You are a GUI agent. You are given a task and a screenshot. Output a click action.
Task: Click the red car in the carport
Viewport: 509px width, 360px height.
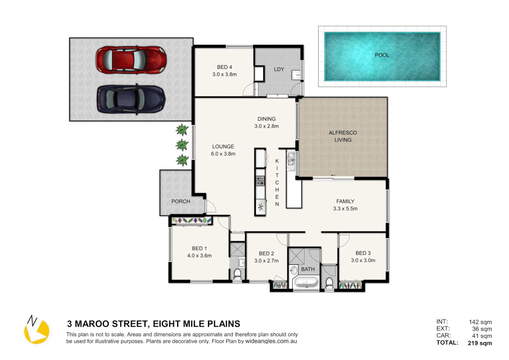131,60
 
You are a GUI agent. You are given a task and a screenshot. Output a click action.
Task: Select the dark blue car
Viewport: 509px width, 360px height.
131,99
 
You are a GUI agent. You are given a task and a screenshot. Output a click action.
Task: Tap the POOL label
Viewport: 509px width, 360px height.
382,55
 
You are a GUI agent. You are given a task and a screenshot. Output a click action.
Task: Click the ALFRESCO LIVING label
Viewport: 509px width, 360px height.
343,136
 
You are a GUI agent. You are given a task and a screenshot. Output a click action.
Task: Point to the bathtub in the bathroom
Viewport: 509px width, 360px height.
306,283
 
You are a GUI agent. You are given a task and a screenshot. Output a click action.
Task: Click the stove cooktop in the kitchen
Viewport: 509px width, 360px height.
260,181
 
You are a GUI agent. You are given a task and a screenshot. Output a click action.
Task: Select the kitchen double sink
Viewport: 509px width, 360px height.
291,159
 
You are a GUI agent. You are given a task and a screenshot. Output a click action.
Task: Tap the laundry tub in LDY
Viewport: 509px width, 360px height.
296,75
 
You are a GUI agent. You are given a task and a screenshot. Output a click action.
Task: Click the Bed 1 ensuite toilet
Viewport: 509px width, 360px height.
238,274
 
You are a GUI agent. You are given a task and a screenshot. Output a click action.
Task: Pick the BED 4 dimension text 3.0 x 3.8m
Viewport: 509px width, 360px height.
225,74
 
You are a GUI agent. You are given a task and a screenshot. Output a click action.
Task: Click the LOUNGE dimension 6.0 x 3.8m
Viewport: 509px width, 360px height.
223,154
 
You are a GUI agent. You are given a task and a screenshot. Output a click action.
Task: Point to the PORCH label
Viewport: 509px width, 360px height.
181,201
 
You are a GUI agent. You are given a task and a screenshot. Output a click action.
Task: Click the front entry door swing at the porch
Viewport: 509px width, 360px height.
210,207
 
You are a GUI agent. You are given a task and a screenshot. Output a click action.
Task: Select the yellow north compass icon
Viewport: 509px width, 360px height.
37,330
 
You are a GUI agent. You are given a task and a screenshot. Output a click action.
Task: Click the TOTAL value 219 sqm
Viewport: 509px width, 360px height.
479,343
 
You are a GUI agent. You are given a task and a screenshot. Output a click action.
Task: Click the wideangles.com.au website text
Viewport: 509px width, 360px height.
271,341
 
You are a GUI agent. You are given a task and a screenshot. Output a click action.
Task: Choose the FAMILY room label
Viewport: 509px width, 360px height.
345,201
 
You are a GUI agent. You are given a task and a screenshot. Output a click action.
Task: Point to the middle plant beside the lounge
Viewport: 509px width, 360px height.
182,145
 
